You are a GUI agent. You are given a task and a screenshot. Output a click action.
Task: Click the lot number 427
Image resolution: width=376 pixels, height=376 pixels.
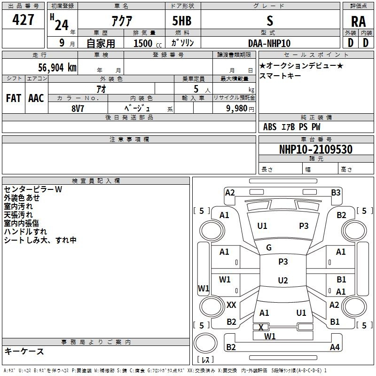click(23, 19)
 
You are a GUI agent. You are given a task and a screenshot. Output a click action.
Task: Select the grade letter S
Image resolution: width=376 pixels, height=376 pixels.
click(270, 21)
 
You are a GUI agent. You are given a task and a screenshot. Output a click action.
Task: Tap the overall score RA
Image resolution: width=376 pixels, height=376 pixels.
click(358, 22)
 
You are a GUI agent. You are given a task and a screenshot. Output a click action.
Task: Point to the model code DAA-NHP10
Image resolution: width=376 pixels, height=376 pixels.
click(269, 43)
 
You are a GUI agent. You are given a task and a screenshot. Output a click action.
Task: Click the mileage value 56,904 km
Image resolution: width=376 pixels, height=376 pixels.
click(57, 67)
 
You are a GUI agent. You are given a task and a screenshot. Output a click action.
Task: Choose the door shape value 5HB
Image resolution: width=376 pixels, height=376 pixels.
click(182, 21)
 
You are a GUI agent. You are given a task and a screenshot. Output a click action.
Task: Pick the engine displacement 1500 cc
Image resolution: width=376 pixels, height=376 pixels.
click(148, 43)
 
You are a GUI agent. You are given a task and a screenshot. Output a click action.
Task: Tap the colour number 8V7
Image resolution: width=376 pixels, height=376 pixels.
click(78, 109)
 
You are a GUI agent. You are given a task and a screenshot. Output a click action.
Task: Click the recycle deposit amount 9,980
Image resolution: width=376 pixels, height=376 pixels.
click(237, 109)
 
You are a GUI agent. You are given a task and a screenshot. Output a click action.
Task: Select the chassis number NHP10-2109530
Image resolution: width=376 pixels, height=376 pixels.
click(316, 149)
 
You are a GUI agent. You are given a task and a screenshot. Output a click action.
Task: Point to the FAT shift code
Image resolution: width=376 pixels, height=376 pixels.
click(14, 98)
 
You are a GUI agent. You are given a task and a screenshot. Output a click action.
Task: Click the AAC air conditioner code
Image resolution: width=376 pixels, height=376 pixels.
click(36, 98)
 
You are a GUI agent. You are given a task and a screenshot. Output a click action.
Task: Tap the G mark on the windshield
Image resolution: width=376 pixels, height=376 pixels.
click(269, 248)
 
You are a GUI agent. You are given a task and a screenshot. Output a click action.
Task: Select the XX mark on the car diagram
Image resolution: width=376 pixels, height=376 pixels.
click(231, 305)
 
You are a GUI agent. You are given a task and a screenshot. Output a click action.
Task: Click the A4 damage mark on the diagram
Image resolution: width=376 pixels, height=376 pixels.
click(335, 347)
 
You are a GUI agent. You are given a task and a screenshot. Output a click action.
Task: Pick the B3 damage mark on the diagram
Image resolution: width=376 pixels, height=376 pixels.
click(336, 193)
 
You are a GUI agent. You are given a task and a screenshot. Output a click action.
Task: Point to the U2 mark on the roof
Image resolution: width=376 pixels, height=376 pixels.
click(283, 280)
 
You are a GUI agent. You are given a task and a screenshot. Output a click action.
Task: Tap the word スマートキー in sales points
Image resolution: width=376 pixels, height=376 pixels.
click(280, 76)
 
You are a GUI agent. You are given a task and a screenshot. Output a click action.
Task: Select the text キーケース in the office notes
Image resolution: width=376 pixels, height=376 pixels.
click(24, 351)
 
